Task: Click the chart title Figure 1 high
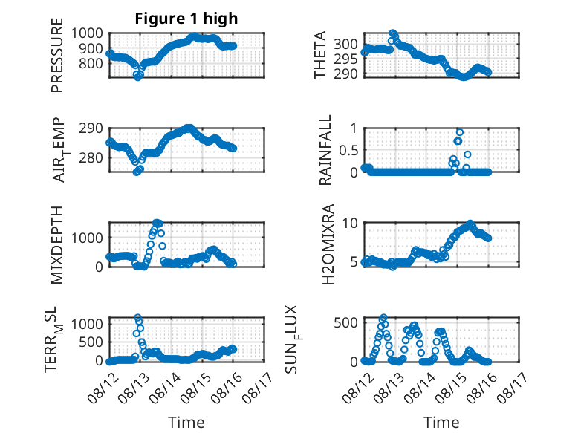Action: click(x=186, y=19)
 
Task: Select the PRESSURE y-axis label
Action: click(x=57, y=55)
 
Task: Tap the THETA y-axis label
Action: click(x=320, y=55)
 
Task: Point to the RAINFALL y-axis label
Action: click(x=325, y=150)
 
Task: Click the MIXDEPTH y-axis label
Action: click(x=57, y=245)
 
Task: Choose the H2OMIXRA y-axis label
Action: click(x=328, y=244)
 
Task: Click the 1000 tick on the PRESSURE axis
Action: click(x=87, y=33)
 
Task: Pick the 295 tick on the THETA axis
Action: click(x=345, y=59)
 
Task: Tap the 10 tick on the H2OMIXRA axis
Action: click(x=350, y=223)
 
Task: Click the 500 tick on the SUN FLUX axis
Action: click(x=345, y=322)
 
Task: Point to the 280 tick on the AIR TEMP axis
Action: click(x=91, y=157)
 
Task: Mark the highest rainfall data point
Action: click(x=460, y=132)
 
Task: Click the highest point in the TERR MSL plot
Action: click(x=138, y=317)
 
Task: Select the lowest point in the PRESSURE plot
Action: click(x=137, y=77)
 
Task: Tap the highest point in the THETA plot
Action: click(x=393, y=33)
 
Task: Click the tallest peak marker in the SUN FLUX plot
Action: click(x=384, y=317)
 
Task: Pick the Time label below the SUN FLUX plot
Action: click(x=441, y=422)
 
